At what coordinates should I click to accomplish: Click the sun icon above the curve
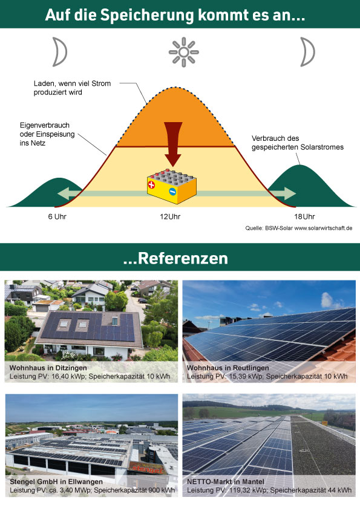pos(183,52)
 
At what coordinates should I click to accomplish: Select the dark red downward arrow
pos(173,144)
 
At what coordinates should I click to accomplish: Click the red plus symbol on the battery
pos(151,185)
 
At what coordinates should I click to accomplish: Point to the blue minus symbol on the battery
pos(172,192)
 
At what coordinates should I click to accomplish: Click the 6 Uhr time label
pos(57,216)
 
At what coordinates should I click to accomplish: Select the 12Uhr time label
pos(170,216)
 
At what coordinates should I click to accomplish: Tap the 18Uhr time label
pos(304,216)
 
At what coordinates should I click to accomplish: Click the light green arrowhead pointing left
pos(64,193)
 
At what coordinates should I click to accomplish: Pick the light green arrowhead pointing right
pos(289,193)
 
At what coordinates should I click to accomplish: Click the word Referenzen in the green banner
pos(183,258)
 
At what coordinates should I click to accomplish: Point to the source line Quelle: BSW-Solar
pos(299,229)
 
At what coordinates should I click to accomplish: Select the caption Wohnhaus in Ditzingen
pos(48,368)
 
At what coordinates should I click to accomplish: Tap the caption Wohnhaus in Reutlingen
pos(227,368)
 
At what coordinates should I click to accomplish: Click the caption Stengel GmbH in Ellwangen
pos(56,482)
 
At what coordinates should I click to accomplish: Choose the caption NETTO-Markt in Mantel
pos(226,482)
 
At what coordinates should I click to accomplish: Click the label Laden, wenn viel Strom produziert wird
pos(72,88)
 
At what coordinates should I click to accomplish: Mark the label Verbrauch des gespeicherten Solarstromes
pos(297,143)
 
